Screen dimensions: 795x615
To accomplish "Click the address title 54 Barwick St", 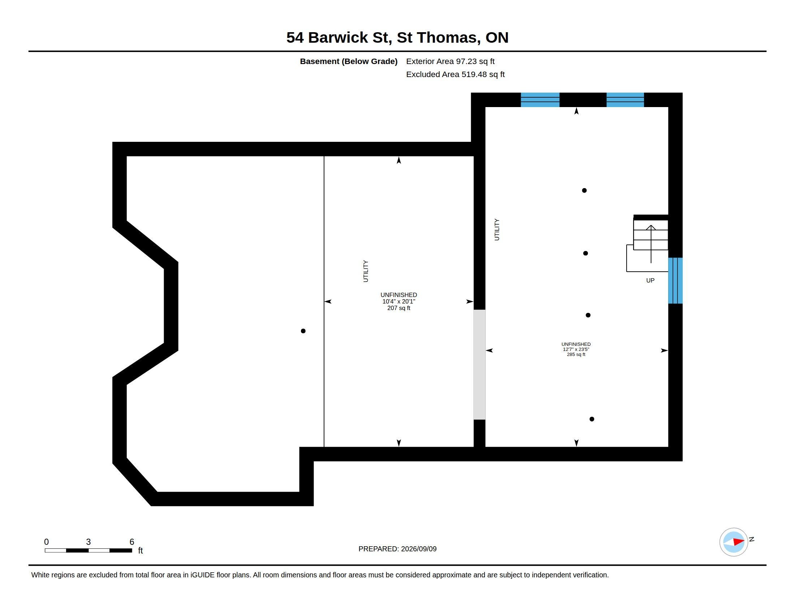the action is pos(339,38).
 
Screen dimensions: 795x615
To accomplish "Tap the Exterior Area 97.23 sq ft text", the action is pos(450,61).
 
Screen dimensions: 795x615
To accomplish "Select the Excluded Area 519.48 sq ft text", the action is pos(455,74).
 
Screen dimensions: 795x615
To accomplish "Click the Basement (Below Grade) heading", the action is pos(348,61).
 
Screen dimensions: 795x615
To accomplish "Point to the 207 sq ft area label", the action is pos(399,308).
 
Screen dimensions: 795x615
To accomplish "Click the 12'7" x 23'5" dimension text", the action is pos(576,349).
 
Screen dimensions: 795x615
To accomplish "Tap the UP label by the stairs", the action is pos(650,280).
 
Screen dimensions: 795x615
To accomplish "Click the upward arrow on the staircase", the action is pos(651,244).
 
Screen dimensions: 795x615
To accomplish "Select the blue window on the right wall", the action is pos(675,280).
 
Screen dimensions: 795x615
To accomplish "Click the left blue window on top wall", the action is pos(540,100).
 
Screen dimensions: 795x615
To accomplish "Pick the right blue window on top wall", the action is pos(625,100).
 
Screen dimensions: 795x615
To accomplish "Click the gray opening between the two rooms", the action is pos(480,364).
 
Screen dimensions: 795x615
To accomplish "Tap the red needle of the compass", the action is pos(739,542).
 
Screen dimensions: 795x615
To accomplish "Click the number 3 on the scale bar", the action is pos(88,542).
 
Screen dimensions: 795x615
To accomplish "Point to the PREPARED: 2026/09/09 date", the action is pos(397,549).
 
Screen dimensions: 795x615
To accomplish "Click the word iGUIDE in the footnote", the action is pos(202,575).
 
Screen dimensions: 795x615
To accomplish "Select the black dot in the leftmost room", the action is pos(303,331).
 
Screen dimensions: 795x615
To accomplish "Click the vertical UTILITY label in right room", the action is pos(497,229).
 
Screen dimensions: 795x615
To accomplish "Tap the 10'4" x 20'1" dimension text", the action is pos(399,301).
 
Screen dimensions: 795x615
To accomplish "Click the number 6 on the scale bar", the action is pos(132,542).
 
